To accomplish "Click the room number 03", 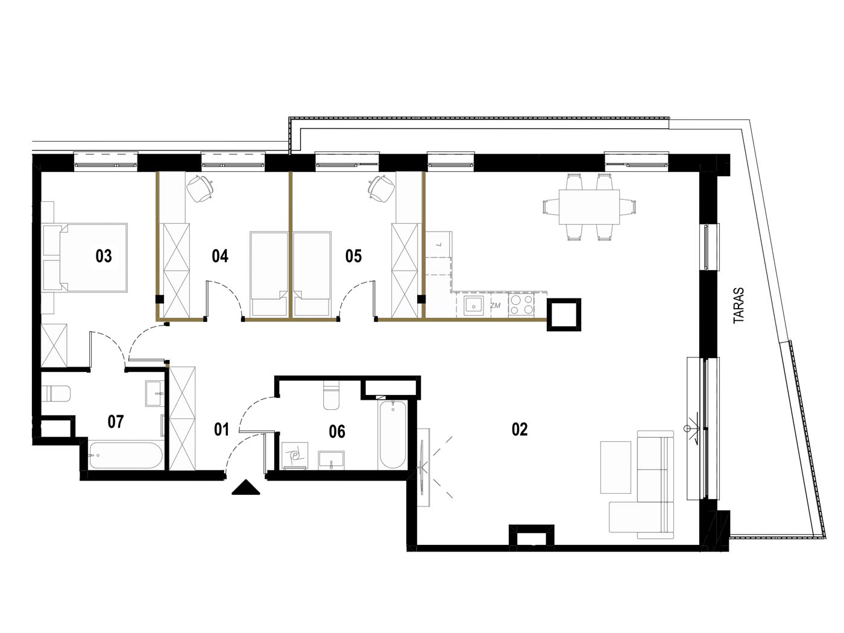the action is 104,256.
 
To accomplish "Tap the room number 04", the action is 220,256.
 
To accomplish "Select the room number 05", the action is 353,256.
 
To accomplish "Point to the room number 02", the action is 520,429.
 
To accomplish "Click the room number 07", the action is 115,421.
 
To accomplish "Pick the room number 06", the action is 337,432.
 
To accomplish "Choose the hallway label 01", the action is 221,429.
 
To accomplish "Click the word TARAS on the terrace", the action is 738,306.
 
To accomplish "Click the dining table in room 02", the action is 589,207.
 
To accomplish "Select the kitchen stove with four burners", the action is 521,305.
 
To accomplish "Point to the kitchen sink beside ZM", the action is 474,306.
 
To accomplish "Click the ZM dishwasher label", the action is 496,306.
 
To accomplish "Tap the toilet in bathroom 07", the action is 55,393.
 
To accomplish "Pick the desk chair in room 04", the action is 200,188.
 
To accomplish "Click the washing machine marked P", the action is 295,455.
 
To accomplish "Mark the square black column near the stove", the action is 564,314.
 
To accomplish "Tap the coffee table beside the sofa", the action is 616,467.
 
